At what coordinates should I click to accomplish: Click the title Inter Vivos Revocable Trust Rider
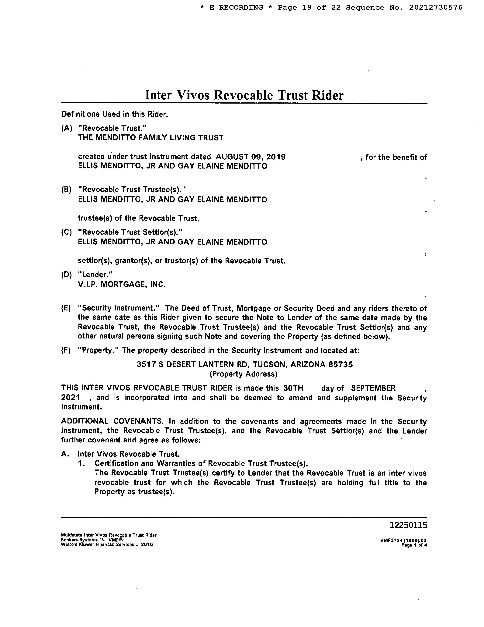click(x=244, y=95)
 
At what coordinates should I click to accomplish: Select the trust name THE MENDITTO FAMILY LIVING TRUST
click(x=150, y=138)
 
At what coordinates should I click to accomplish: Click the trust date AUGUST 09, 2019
click(x=250, y=157)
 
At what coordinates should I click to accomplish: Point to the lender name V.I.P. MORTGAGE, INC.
click(x=122, y=285)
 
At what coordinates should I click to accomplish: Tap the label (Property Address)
click(x=244, y=374)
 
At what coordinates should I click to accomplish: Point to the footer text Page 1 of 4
click(x=414, y=545)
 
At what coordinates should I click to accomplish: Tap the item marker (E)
click(x=66, y=308)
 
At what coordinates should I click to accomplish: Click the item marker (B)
click(x=66, y=190)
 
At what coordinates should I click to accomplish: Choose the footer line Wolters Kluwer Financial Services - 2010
click(x=107, y=545)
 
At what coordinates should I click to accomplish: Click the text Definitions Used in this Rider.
click(x=114, y=114)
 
